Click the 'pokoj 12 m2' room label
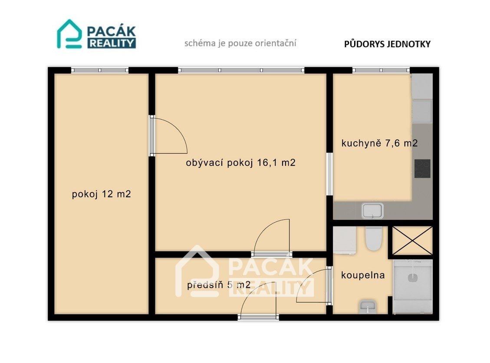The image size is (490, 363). coord(101,194)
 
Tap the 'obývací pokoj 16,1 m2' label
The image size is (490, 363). coord(240,163)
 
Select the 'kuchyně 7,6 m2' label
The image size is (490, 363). coord(379,143)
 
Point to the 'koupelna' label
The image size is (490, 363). coord(363,275)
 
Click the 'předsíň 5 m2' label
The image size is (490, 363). coord(219,285)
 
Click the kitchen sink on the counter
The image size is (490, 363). coord(372,211)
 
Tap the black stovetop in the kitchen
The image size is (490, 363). coord(422,169)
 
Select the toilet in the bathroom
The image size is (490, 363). coord(374,239)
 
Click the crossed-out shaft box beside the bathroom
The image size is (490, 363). coord(412,241)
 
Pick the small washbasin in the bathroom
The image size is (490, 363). coord(368,307)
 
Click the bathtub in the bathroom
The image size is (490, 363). coord(413,286)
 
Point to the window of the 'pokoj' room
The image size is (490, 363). coord(100,70)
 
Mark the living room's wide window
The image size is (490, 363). coord(241,70)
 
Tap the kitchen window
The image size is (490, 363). coord(381,70)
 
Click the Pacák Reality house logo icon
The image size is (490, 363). coord(69,34)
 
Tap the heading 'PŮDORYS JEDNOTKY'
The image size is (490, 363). coord(387,44)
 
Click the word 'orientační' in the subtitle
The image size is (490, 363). coord(275,43)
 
